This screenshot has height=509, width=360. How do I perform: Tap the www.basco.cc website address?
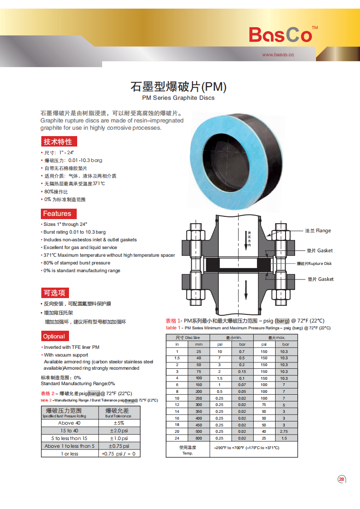[278, 55]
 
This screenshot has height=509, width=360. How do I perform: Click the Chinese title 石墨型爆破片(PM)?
[178, 86]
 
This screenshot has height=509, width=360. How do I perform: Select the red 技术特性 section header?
[58, 142]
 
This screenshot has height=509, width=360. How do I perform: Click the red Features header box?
[57, 214]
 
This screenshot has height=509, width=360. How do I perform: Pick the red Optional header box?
[54, 336]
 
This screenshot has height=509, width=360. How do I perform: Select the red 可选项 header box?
[54, 293]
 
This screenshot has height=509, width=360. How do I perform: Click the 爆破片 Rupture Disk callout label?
[314, 264]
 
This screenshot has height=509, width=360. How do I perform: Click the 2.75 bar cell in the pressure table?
[284, 431]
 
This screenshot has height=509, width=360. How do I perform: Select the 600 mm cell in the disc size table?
[198, 438]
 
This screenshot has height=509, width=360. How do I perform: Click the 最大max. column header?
[276, 338]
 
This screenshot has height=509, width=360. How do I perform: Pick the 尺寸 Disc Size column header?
[188, 338]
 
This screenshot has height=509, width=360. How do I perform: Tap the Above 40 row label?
[69, 423]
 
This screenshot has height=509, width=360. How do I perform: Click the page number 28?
[341, 479]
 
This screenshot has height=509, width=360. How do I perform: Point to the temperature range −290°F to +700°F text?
[246, 448]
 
